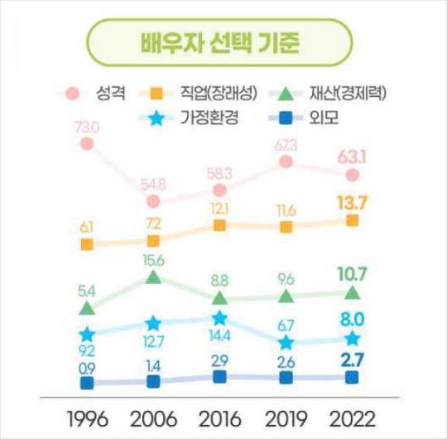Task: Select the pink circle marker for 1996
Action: tap(87, 144)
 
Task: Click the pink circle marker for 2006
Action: tap(153, 200)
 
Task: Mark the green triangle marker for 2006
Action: tap(153, 277)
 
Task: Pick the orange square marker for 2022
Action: tap(352, 219)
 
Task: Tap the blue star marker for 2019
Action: tap(286, 342)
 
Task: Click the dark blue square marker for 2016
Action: tap(219, 377)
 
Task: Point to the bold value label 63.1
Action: tap(352, 155)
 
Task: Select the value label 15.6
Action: tap(153, 259)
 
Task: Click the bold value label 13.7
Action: tap(352, 201)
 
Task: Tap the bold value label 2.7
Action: tap(352, 358)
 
